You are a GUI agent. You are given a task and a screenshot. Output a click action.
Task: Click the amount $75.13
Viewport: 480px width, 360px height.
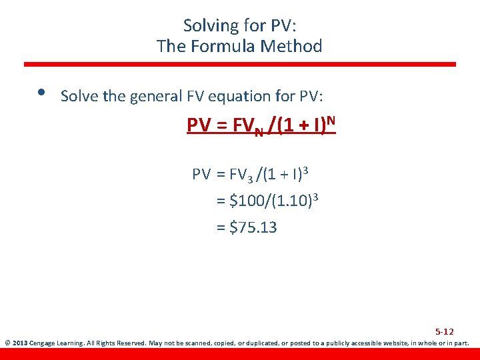click(x=253, y=227)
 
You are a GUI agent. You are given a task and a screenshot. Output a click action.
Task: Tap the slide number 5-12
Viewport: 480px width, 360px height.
click(x=445, y=331)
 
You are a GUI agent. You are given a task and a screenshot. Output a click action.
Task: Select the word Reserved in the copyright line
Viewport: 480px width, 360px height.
click(x=131, y=344)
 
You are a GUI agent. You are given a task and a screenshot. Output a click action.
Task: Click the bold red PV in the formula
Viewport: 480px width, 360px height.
click(x=199, y=125)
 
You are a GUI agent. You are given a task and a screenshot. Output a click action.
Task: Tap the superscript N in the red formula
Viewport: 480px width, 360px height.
click(x=330, y=120)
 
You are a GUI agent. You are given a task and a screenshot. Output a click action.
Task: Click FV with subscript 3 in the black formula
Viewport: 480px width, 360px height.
click(x=240, y=175)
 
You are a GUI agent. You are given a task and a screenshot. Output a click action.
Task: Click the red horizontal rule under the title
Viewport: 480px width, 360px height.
click(x=240, y=65)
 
